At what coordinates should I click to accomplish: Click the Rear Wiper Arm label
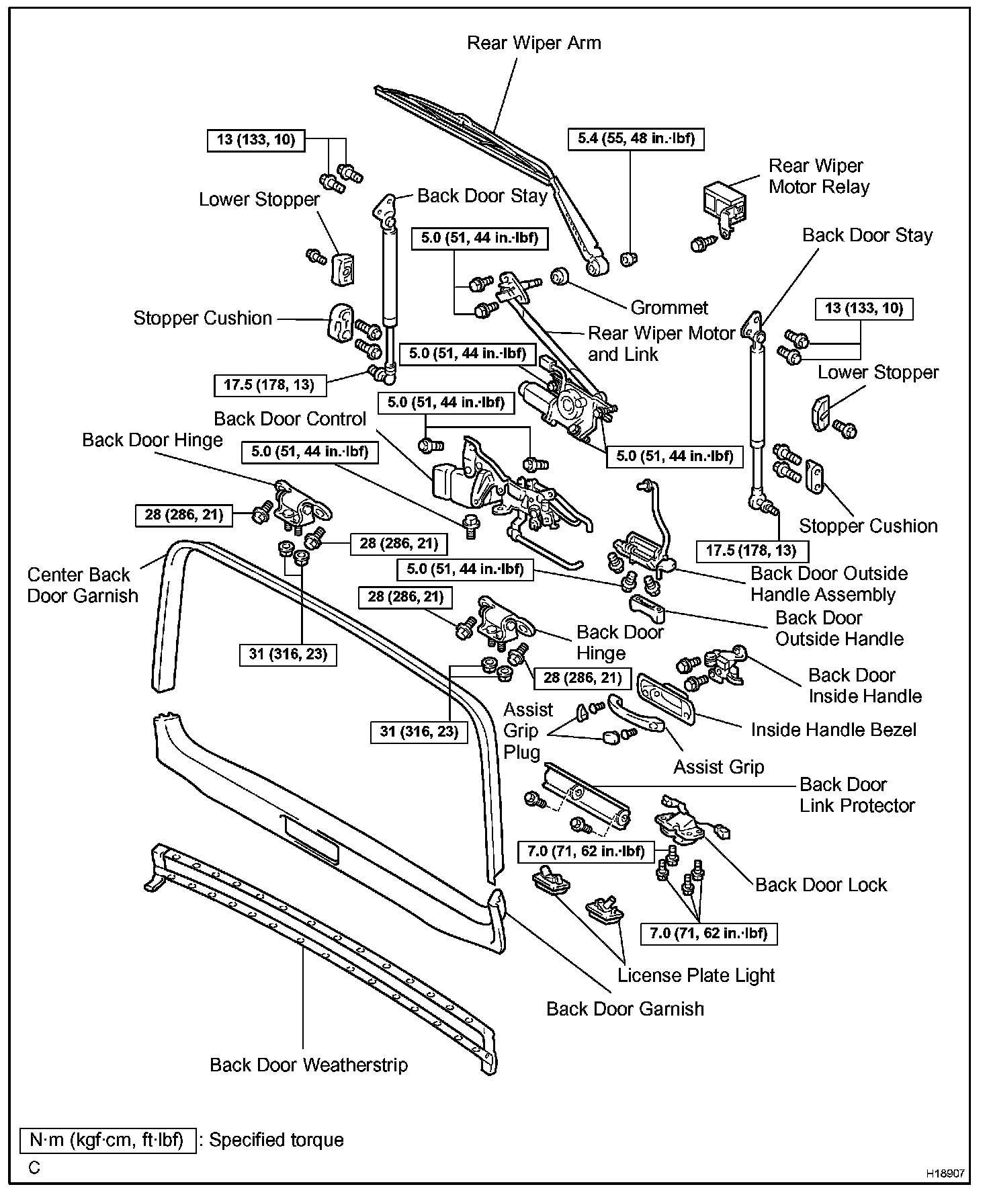tap(533, 43)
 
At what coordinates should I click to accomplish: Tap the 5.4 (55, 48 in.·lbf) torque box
tap(636, 139)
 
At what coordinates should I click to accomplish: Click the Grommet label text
tap(669, 308)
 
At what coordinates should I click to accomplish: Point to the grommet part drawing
tap(559, 275)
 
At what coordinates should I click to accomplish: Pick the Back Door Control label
tap(290, 419)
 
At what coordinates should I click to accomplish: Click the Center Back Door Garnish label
tap(82, 585)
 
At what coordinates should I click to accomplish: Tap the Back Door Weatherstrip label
tap(308, 1065)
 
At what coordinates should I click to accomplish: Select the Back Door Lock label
tap(820, 884)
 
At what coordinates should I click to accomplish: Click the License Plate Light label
tap(695, 975)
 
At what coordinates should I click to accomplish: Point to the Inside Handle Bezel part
tap(664, 699)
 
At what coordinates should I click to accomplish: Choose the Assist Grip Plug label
tap(528, 731)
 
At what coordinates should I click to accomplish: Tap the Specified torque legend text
tap(276, 1140)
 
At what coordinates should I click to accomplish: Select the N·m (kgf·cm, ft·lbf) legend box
tap(107, 1141)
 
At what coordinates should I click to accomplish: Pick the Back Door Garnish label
tap(625, 1009)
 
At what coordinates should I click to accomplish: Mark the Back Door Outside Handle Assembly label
tap(828, 584)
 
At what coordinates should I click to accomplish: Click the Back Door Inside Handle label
tap(865, 686)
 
